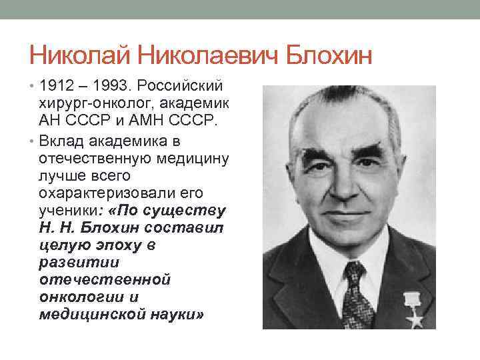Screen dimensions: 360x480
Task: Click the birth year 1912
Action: pyautogui.click(x=55, y=88)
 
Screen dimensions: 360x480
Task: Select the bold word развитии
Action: pyautogui.click(x=71, y=263)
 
